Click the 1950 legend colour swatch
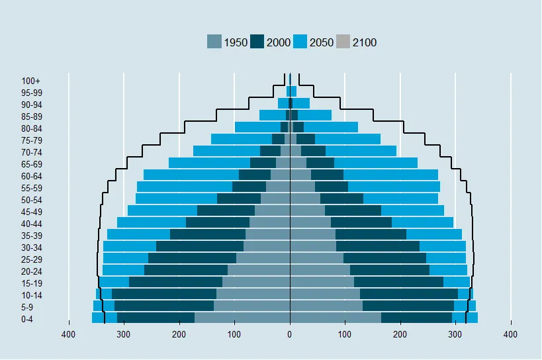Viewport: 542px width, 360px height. pyautogui.click(x=214, y=42)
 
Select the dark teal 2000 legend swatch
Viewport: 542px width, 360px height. pyautogui.click(x=257, y=42)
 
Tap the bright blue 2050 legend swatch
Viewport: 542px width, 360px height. pyautogui.click(x=300, y=42)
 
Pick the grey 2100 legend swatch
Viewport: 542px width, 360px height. pyautogui.click(x=343, y=42)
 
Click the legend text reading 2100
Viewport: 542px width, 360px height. pyautogui.click(x=365, y=42)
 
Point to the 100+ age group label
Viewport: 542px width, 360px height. pyautogui.click(x=31, y=81)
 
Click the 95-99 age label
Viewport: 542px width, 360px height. pyautogui.click(x=31, y=93)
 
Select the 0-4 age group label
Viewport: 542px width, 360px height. pyautogui.click(x=27, y=319)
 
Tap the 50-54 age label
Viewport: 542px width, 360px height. pyautogui.click(x=31, y=200)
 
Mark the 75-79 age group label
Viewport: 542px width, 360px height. pyautogui.click(x=31, y=140)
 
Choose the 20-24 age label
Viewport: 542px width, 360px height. pyautogui.click(x=31, y=271)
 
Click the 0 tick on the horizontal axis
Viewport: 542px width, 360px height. pyautogui.click(x=290, y=336)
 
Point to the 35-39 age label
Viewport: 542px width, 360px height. pyautogui.click(x=31, y=236)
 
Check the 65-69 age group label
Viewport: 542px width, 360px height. pyautogui.click(x=31, y=164)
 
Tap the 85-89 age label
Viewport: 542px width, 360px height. pyautogui.click(x=31, y=116)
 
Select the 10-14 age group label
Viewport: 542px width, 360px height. pyautogui.click(x=31, y=295)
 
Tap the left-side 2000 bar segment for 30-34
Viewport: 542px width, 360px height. pyautogui.click(x=200, y=246)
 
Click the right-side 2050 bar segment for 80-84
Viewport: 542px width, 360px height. pyautogui.click(x=330, y=127)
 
